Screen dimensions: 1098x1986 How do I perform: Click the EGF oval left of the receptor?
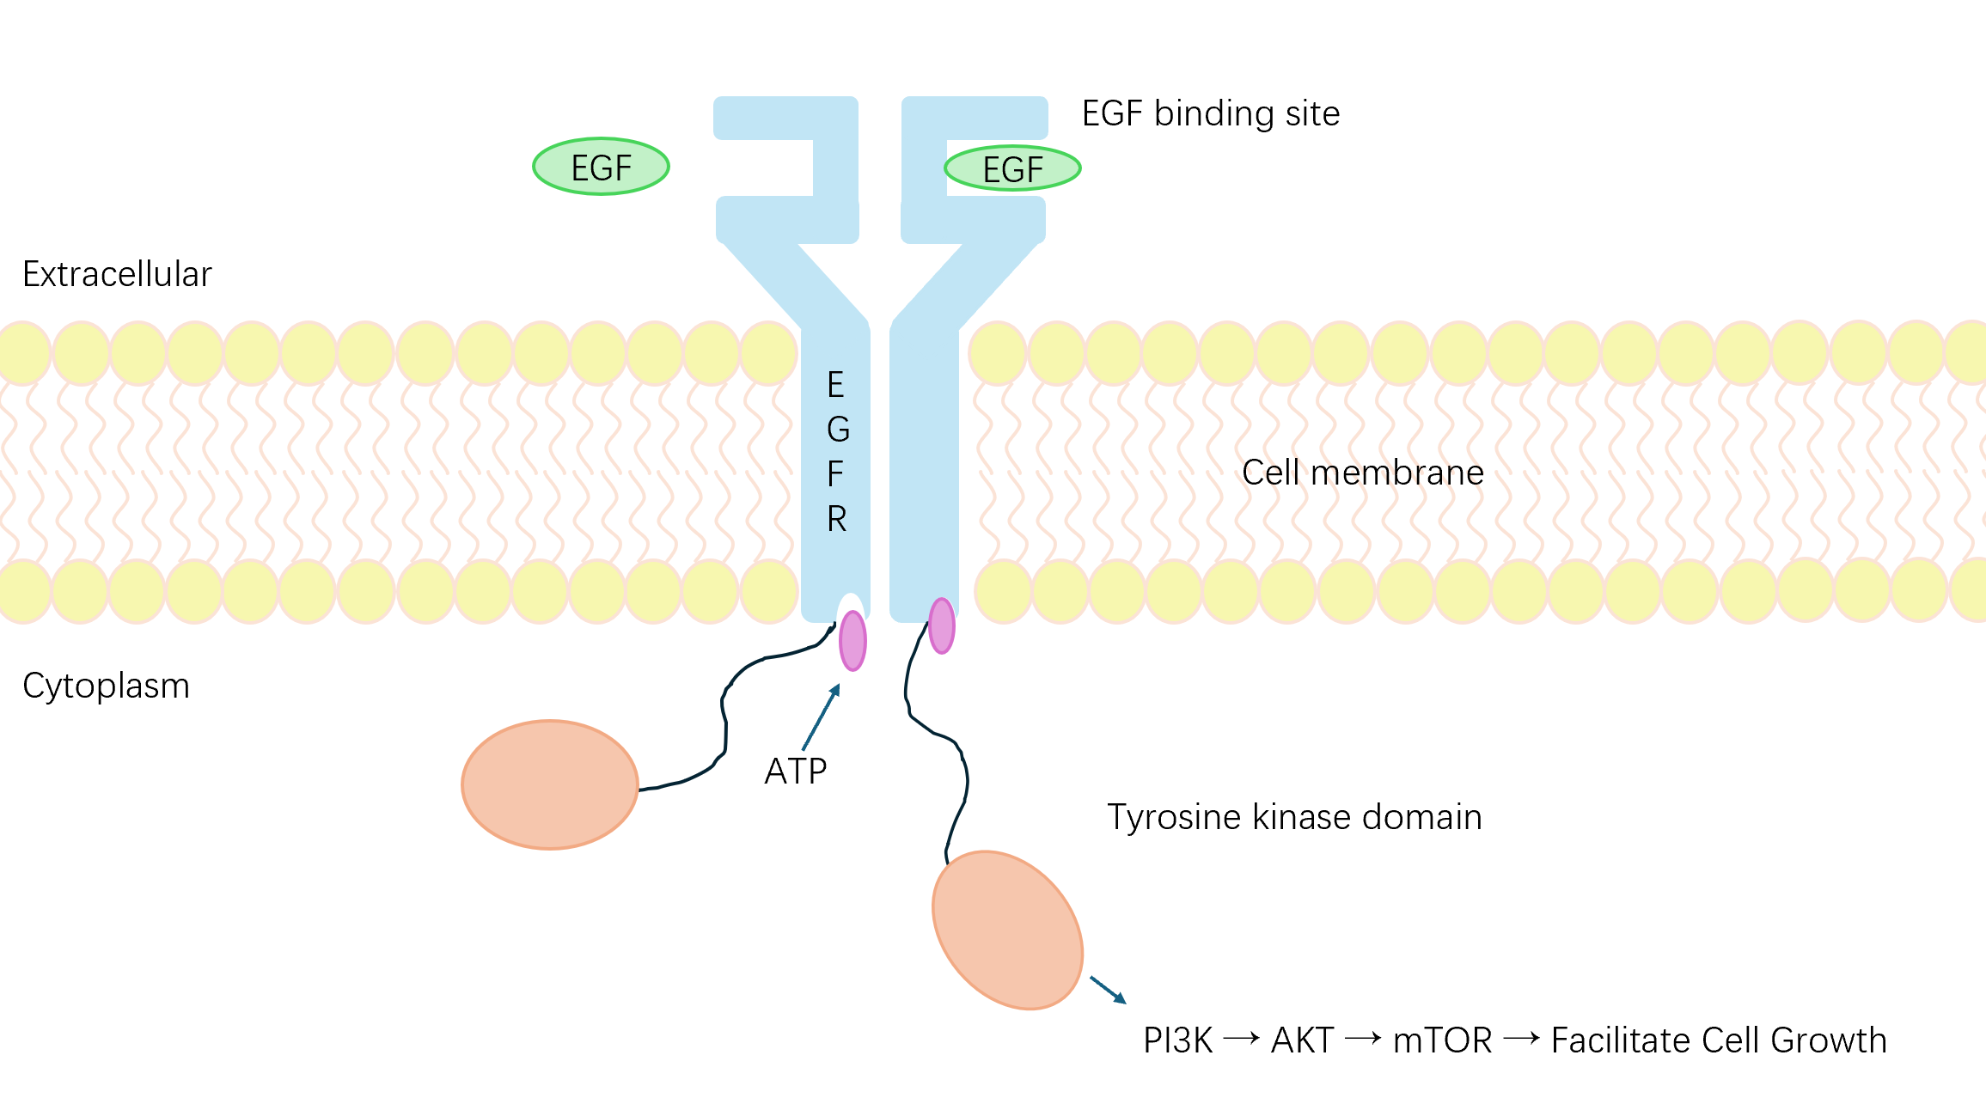click(x=601, y=167)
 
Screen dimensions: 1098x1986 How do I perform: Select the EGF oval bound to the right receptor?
click(x=1012, y=168)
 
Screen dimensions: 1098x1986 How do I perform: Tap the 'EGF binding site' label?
click(x=1210, y=113)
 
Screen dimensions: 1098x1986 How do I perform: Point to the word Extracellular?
click(x=117, y=274)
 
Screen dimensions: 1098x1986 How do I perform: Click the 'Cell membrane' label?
click(x=1362, y=473)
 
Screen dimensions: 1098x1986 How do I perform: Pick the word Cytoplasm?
click(x=106, y=686)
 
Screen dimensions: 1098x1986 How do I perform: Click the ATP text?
click(x=795, y=772)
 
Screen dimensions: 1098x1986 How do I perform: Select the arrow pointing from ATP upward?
click(x=821, y=717)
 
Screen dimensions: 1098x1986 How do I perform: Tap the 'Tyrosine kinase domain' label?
click(x=1294, y=817)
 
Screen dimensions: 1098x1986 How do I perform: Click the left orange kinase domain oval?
click(x=550, y=784)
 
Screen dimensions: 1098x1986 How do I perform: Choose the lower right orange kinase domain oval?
click(x=1007, y=930)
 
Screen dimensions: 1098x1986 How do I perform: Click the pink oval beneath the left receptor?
click(x=852, y=640)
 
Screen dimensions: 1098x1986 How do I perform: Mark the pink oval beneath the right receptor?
click(x=942, y=625)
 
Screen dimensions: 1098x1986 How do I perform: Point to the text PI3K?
click(x=1177, y=1040)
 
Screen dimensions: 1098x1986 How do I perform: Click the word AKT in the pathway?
click(x=1302, y=1040)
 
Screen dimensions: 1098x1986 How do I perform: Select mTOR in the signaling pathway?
click(x=1442, y=1040)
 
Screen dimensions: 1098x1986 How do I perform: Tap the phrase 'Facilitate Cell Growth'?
click(x=1719, y=1040)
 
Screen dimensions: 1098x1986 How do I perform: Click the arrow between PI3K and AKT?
click(x=1241, y=1040)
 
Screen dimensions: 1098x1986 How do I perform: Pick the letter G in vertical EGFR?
click(x=838, y=430)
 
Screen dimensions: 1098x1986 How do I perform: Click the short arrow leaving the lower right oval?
click(x=1108, y=990)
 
